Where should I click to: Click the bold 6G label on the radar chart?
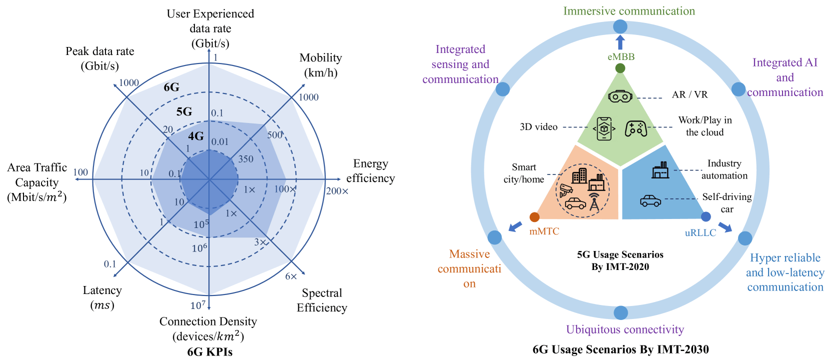(171, 87)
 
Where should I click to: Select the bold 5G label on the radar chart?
(184, 111)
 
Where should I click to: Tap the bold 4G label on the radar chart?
(196, 136)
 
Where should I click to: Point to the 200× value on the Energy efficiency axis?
(337, 191)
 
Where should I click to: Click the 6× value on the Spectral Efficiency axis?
(291, 276)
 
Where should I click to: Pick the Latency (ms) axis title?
(102, 297)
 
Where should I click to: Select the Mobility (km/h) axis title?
(321, 65)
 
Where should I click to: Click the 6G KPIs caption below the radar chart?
(210, 352)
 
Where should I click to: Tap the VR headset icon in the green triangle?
(620, 95)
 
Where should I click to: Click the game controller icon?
(636, 128)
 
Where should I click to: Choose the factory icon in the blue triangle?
(660, 170)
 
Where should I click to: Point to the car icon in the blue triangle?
(650, 201)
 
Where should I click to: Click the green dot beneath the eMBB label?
(620, 68)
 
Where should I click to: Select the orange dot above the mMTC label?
(534, 217)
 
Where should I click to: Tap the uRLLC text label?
(700, 233)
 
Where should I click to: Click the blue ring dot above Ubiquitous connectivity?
(621, 312)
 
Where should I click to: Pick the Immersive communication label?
(629, 11)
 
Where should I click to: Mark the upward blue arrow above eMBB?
(620, 42)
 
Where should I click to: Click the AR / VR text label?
(690, 95)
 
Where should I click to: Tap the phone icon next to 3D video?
(604, 128)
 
